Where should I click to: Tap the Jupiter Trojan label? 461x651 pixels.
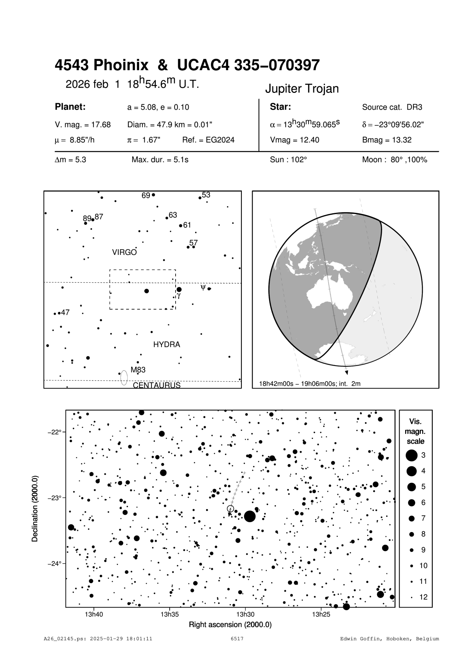coord(302,89)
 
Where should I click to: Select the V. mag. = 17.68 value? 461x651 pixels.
coord(83,125)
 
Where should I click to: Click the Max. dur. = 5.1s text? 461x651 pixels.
coord(160,160)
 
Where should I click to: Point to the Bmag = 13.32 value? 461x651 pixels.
coord(387,140)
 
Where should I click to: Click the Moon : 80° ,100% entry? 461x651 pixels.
coord(394,160)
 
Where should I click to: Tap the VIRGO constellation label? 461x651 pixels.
coord(124,253)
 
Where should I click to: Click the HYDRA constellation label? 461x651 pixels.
coord(166,344)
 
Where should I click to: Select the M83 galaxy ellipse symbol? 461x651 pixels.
coord(124,378)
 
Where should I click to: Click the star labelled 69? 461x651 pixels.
coord(153,195)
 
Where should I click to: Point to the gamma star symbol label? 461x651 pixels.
coord(179,296)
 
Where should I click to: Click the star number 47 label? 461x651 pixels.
coord(65,312)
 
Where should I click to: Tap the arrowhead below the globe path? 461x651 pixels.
coord(346,372)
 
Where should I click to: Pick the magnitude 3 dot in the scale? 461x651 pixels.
coord(412,455)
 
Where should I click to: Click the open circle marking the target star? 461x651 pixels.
coord(230,508)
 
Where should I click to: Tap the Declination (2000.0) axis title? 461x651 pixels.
coord(35,508)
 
